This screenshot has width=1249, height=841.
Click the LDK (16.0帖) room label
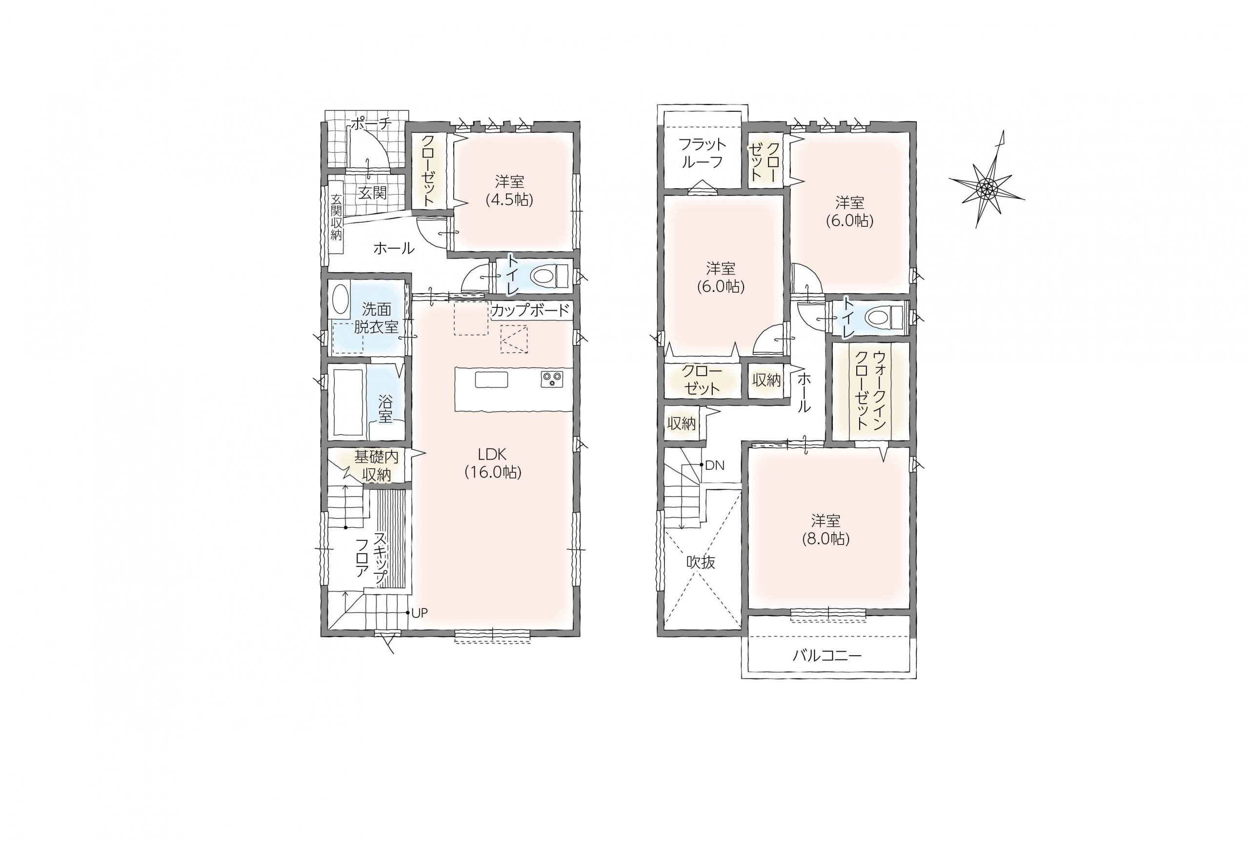[492, 463]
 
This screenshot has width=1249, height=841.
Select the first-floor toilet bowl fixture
[548, 276]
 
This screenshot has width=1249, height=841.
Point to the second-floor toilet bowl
[885, 317]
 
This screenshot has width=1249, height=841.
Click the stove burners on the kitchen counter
[552, 379]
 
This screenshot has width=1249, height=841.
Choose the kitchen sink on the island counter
[491, 379]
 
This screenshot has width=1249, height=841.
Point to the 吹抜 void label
[701, 562]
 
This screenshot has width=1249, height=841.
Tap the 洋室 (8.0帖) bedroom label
[826, 529]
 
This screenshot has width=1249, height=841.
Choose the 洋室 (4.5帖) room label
[509, 190]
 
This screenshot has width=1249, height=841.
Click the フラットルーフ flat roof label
[702, 153]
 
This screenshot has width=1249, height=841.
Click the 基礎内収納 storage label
[377, 465]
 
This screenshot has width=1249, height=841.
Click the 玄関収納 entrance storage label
[336, 217]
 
